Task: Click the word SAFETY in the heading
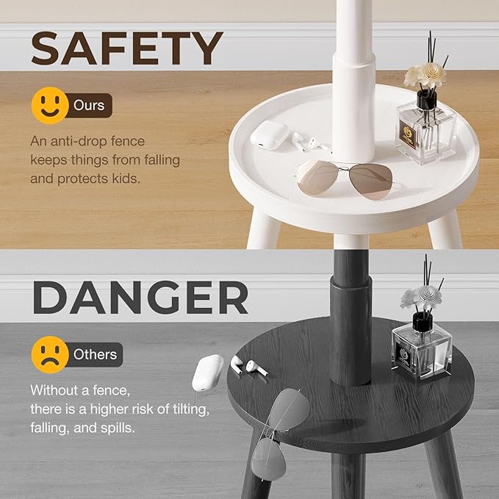pyautogui.click(x=126, y=49)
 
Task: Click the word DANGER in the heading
pyautogui.click(x=140, y=298)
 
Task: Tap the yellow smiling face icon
pyautogui.click(x=50, y=105)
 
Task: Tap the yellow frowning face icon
pyautogui.click(x=50, y=354)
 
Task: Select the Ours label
pyautogui.click(x=89, y=105)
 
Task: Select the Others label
pyautogui.click(x=95, y=354)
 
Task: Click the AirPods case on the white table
pyautogui.click(x=269, y=135)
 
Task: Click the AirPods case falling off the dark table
pyautogui.click(x=207, y=373)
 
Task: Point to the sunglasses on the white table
pyautogui.click(x=345, y=178)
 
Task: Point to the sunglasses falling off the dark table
pyautogui.click(x=280, y=433)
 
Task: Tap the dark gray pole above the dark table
pyautogui.click(x=351, y=317)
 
